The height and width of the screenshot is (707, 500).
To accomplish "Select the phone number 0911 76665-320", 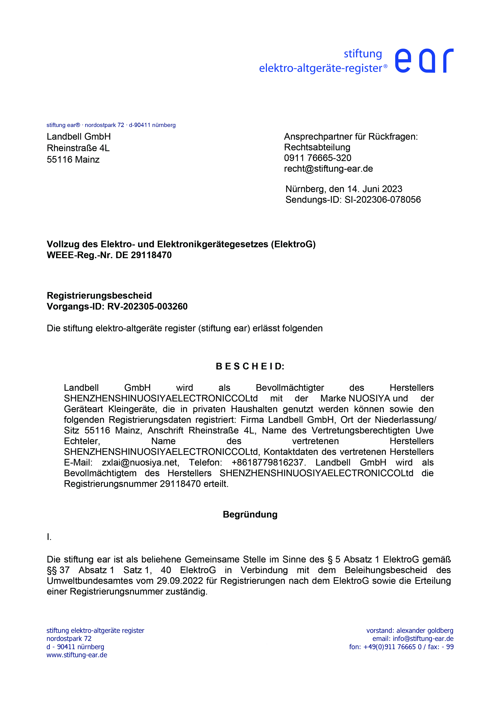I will coord(317,158).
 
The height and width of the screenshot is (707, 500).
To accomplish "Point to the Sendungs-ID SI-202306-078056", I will coord(382,200).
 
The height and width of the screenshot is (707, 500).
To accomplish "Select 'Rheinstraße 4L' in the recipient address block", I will coord(78,148).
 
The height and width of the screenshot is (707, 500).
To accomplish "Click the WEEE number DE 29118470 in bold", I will coord(144,255).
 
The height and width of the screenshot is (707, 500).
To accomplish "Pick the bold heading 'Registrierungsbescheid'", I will coord(99,296).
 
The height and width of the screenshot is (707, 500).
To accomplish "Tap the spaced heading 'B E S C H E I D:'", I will coord(250,366).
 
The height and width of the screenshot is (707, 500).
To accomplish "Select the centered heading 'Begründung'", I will coord(250,515).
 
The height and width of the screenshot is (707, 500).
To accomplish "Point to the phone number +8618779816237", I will coord(268,463).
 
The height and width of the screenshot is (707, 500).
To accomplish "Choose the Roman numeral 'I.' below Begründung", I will coord(49,537).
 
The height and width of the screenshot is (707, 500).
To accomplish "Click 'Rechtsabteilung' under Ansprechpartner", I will coord(317,147).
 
